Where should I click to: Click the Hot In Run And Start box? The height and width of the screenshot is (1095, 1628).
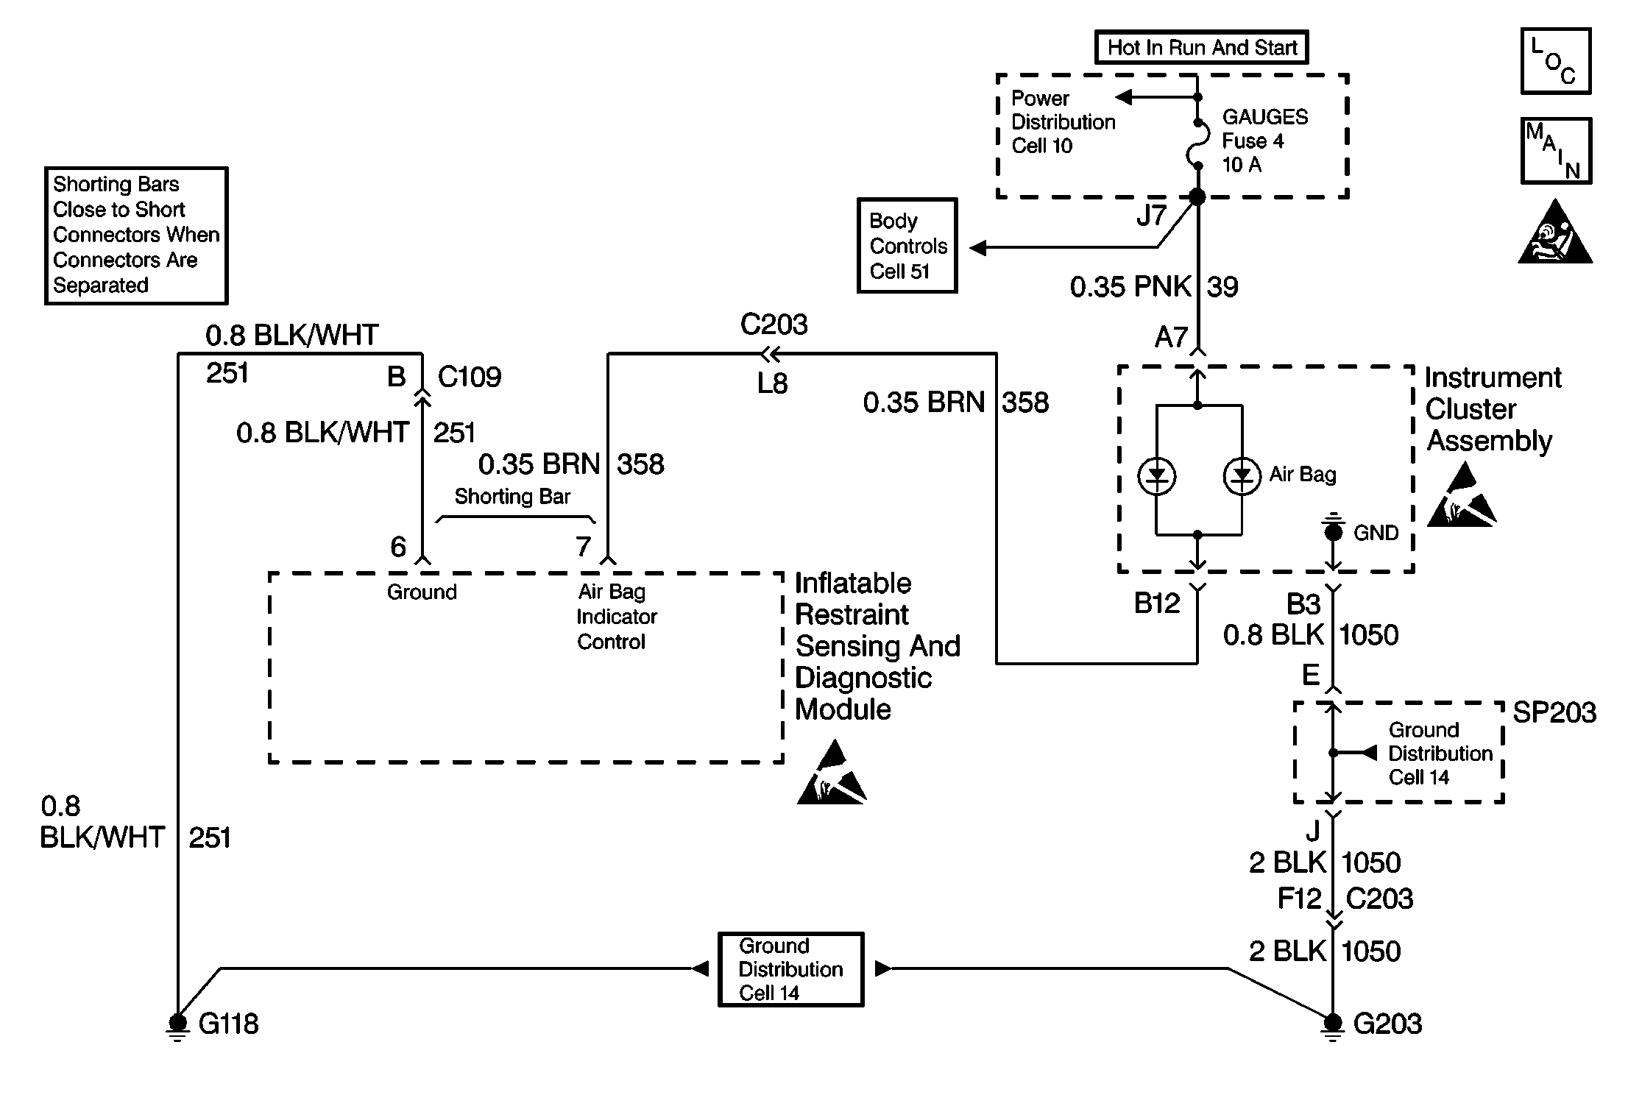(1201, 48)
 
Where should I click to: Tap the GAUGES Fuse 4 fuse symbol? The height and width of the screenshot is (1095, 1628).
(1198, 143)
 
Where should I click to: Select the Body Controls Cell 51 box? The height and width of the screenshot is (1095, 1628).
(907, 246)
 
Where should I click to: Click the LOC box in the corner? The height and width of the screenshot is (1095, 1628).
(1556, 61)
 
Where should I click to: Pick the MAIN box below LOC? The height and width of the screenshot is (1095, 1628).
(1556, 151)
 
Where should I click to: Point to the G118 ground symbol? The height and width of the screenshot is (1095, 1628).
(177, 1023)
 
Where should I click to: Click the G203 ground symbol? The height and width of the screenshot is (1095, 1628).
(1333, 1023)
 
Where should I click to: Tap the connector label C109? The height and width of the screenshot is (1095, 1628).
(470, 377)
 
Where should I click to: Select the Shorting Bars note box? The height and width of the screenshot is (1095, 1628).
(136, 235)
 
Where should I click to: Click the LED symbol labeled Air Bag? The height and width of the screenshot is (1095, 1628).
(1242, 476)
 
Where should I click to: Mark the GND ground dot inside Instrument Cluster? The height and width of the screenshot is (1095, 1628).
(1334, 531)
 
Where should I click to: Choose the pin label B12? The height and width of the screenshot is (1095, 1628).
(1157, 603)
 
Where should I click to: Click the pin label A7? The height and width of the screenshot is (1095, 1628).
(1171, 338)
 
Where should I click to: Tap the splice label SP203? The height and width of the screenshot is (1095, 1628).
(1554, 712)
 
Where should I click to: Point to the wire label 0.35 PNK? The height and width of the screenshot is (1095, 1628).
(1130, 287)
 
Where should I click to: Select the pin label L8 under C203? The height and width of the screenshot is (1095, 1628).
(772, 383)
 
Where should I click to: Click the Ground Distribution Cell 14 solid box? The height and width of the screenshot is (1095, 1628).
(790, 969)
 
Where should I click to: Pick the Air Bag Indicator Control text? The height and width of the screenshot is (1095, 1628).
(616, 617)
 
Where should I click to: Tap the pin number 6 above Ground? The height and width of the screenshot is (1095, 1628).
(398, 547)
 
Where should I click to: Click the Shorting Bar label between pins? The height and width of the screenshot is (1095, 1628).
(512, 497)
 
